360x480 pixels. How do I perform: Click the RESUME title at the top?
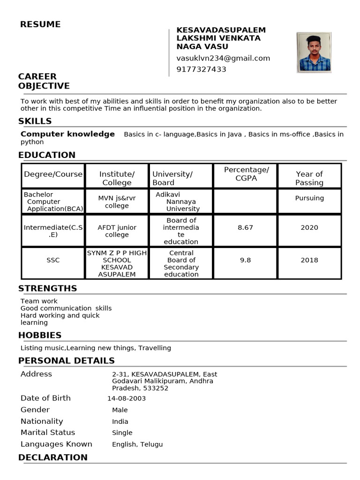(x=40, y=24)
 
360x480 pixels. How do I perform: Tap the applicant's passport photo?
(x=314, y=52)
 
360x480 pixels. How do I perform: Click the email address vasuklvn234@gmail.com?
(x=223, y=58)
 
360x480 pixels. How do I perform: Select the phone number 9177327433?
(x=201, y=69)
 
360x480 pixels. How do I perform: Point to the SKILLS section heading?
(x=35, y=121)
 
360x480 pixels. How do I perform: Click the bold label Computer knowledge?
(x=67, y=134)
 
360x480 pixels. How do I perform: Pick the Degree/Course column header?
(x=53, y=174)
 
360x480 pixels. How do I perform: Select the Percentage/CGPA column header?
(x=246, y=174)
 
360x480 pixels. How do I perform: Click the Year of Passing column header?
(x=309, y=178)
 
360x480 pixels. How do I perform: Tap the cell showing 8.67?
(x=245, y=227)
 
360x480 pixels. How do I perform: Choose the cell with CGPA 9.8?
(x=245, y=260)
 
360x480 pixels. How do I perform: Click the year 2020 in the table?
(x=309, y=227)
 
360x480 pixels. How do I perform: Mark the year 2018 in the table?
(x=309, y=260)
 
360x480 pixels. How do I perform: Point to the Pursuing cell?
(x=309, y=198)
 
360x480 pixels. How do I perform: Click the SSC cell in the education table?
(x=53, y=260)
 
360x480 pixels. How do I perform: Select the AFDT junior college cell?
(x=117, y=231)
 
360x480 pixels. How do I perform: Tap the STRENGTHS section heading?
(x=47, y=288)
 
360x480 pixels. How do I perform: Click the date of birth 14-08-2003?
(x=127, y=398)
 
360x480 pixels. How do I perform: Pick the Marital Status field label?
(x=48, y=432)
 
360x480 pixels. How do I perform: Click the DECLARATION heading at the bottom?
(x=52, y=457)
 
